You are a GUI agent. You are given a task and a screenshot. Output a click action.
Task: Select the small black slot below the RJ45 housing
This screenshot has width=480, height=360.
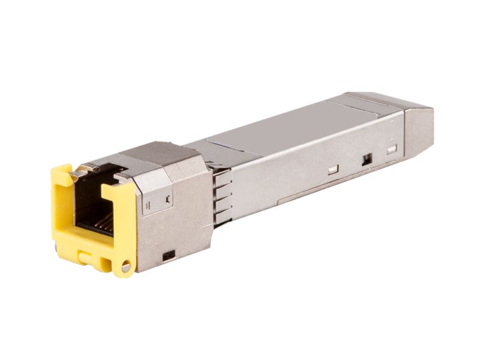coord(169,254)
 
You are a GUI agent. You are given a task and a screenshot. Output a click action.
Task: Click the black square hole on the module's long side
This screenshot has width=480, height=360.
coord(367,160)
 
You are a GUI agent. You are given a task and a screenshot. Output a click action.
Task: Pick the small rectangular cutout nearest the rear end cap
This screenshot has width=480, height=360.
coord(392,149)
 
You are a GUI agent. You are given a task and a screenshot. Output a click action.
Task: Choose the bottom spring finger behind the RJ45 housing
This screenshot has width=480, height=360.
coord(222,213)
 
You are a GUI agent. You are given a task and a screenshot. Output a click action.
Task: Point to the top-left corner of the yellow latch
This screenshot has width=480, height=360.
coord(55,171)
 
